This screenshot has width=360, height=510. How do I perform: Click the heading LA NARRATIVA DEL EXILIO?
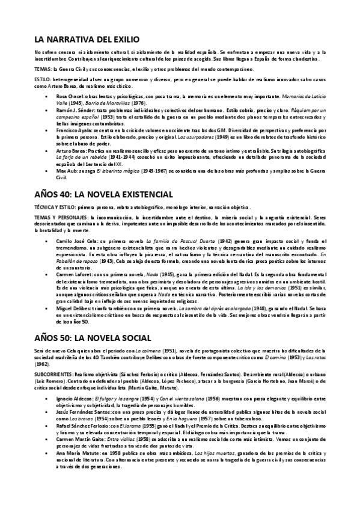tap(88, 40)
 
